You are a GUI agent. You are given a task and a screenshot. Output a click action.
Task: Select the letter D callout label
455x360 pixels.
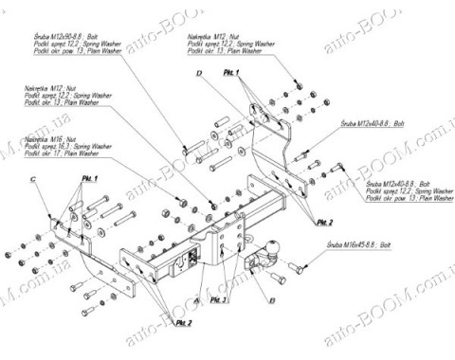(x=200, y=72)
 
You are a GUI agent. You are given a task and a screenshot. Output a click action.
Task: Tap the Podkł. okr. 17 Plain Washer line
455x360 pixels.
(x=64, y=153)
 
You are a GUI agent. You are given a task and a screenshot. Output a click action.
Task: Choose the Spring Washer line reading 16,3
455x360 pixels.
(x=64, y=146)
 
